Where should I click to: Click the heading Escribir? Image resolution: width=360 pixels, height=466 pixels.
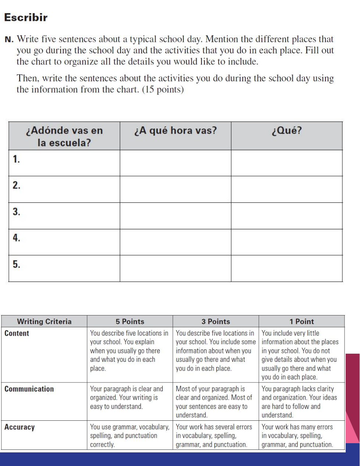coord(26,17)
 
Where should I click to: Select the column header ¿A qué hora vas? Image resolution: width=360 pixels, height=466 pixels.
coord(175,131)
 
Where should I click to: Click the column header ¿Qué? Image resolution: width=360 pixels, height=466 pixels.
coord(286,131)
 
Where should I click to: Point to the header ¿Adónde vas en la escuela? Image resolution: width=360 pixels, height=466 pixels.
coord(64,136)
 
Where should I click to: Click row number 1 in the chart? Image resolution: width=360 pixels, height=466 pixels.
coord(16,159)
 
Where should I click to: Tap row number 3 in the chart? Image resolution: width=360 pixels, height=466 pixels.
coord(16,212)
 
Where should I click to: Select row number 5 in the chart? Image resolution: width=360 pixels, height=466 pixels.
coord(16,264)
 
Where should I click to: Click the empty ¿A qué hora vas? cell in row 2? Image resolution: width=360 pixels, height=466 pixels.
coord(175,189)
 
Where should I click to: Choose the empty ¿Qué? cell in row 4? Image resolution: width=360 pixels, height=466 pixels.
coord(286,242)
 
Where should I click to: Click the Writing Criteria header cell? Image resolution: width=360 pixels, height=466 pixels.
coord(44,321)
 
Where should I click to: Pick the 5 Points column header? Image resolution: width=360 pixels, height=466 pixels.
coord(130,321)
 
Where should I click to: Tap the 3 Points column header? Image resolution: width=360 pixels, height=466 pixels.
coord(215,321)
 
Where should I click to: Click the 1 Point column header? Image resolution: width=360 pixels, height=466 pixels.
coord(302,321)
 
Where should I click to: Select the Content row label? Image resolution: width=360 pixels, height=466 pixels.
coord(17,333)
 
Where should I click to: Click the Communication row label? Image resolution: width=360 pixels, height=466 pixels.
coord(29,389)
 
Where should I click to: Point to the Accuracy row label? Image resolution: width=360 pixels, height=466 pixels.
coord(19,427)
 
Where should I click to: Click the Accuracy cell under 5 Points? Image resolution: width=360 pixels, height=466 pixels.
coord(129,436)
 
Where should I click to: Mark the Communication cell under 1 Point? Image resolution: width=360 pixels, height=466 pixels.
coord(301,402)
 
